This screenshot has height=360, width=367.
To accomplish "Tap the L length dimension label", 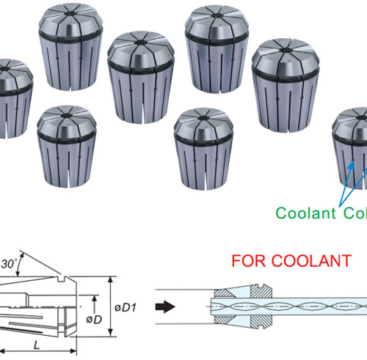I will pos(35,343).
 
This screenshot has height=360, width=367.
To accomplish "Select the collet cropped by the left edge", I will pos(14,98).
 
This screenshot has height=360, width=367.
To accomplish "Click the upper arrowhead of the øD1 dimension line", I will pos(110,280).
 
